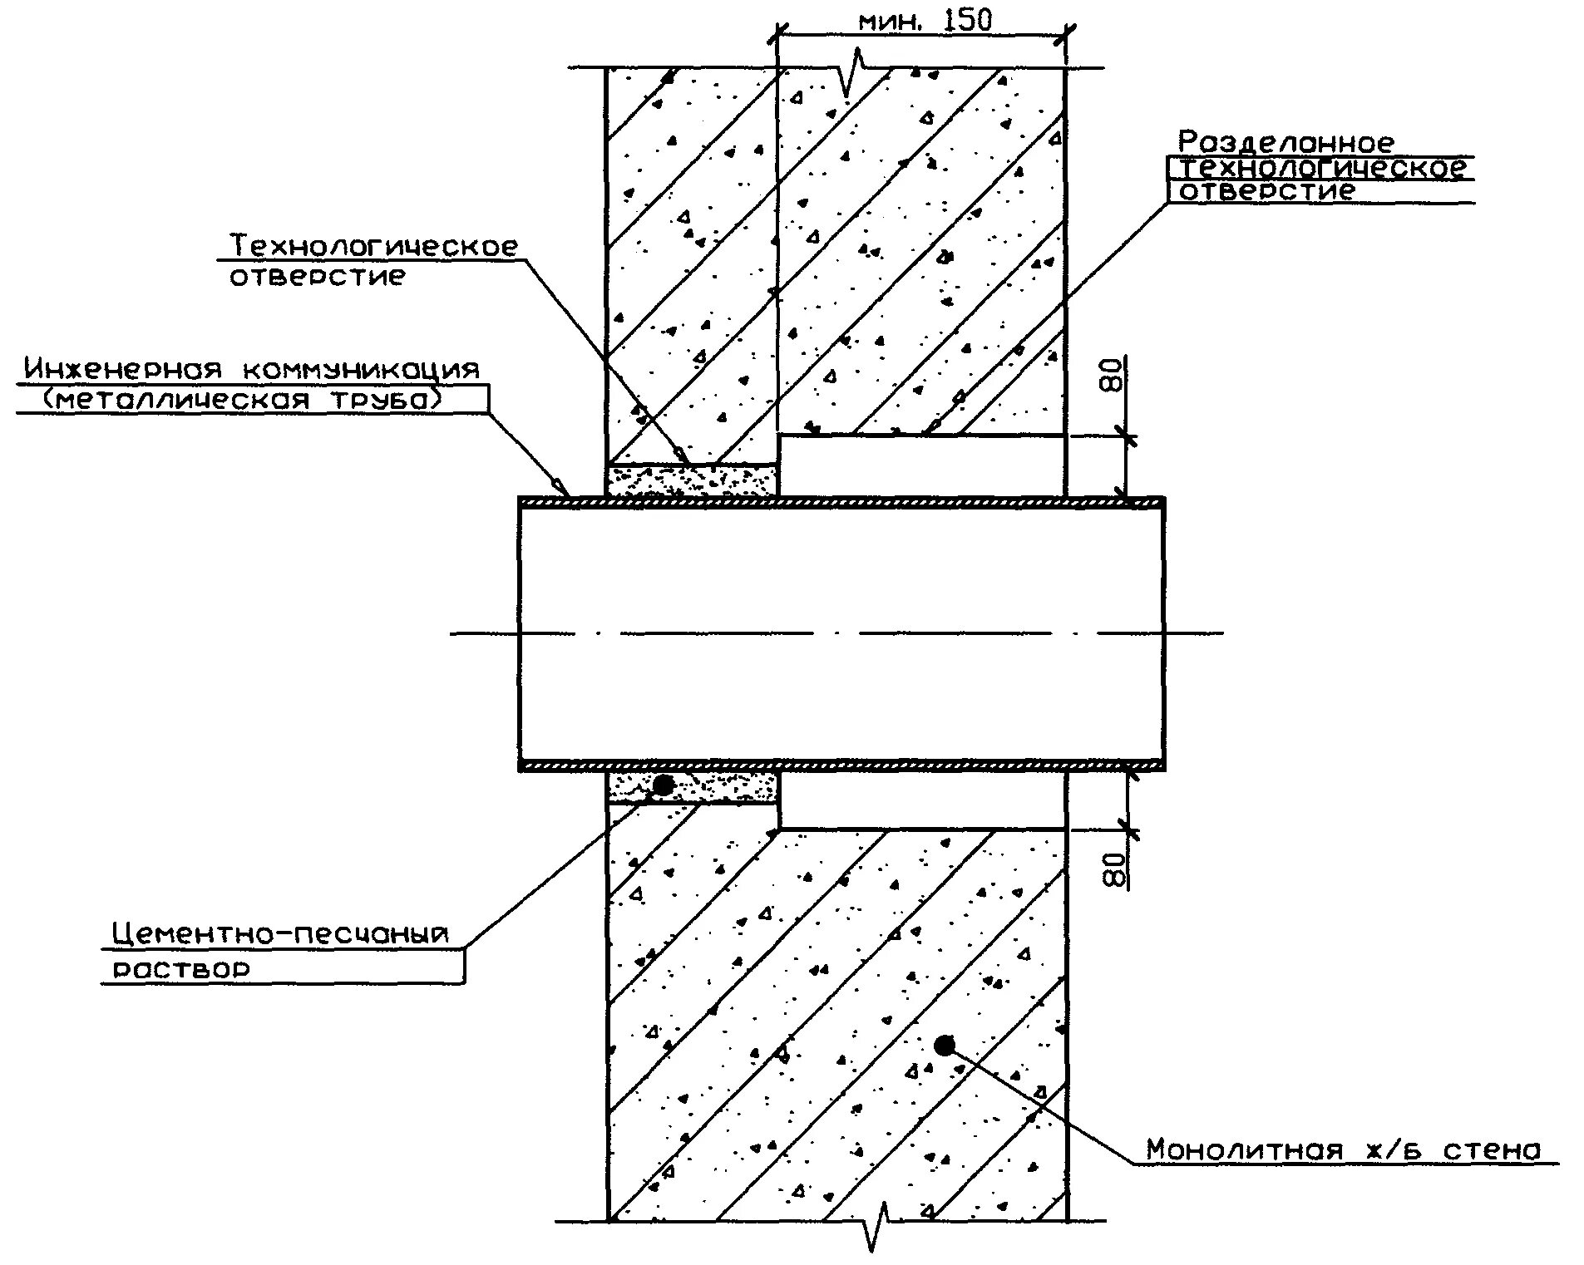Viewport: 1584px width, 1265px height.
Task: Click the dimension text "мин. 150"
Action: click(x=925, y=21)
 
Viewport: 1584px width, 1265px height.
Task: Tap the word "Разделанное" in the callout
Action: click(x=1285, y=142)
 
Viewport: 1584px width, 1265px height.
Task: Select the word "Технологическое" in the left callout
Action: click(x=373, y=246)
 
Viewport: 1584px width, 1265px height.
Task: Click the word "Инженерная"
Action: click(x=123, y=369)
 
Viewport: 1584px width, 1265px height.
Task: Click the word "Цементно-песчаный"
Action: click(x=280, y=934)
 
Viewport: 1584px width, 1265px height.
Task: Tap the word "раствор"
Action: click(x=180, y=969)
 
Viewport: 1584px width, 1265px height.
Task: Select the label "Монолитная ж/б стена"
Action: click(x=1343, y=1149)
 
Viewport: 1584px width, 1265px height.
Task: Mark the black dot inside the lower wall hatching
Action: click(x=944, y=1045)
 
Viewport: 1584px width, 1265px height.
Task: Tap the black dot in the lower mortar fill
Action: click(x=663, y=784)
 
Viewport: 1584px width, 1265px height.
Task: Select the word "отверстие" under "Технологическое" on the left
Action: click(x=317, y=276)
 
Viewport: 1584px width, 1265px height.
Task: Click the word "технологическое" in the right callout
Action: click(x=1323, y=168)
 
